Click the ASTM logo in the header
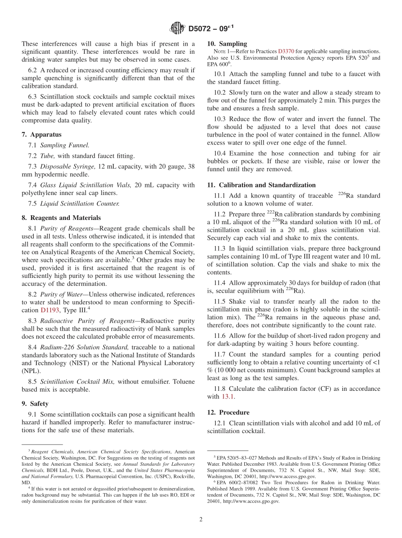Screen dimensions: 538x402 177,28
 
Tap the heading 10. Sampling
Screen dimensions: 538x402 227,44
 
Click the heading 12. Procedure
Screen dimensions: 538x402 228,412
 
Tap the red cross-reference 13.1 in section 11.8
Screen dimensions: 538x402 226,396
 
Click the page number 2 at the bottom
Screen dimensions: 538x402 201,519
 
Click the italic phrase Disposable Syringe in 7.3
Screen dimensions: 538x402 68,167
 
